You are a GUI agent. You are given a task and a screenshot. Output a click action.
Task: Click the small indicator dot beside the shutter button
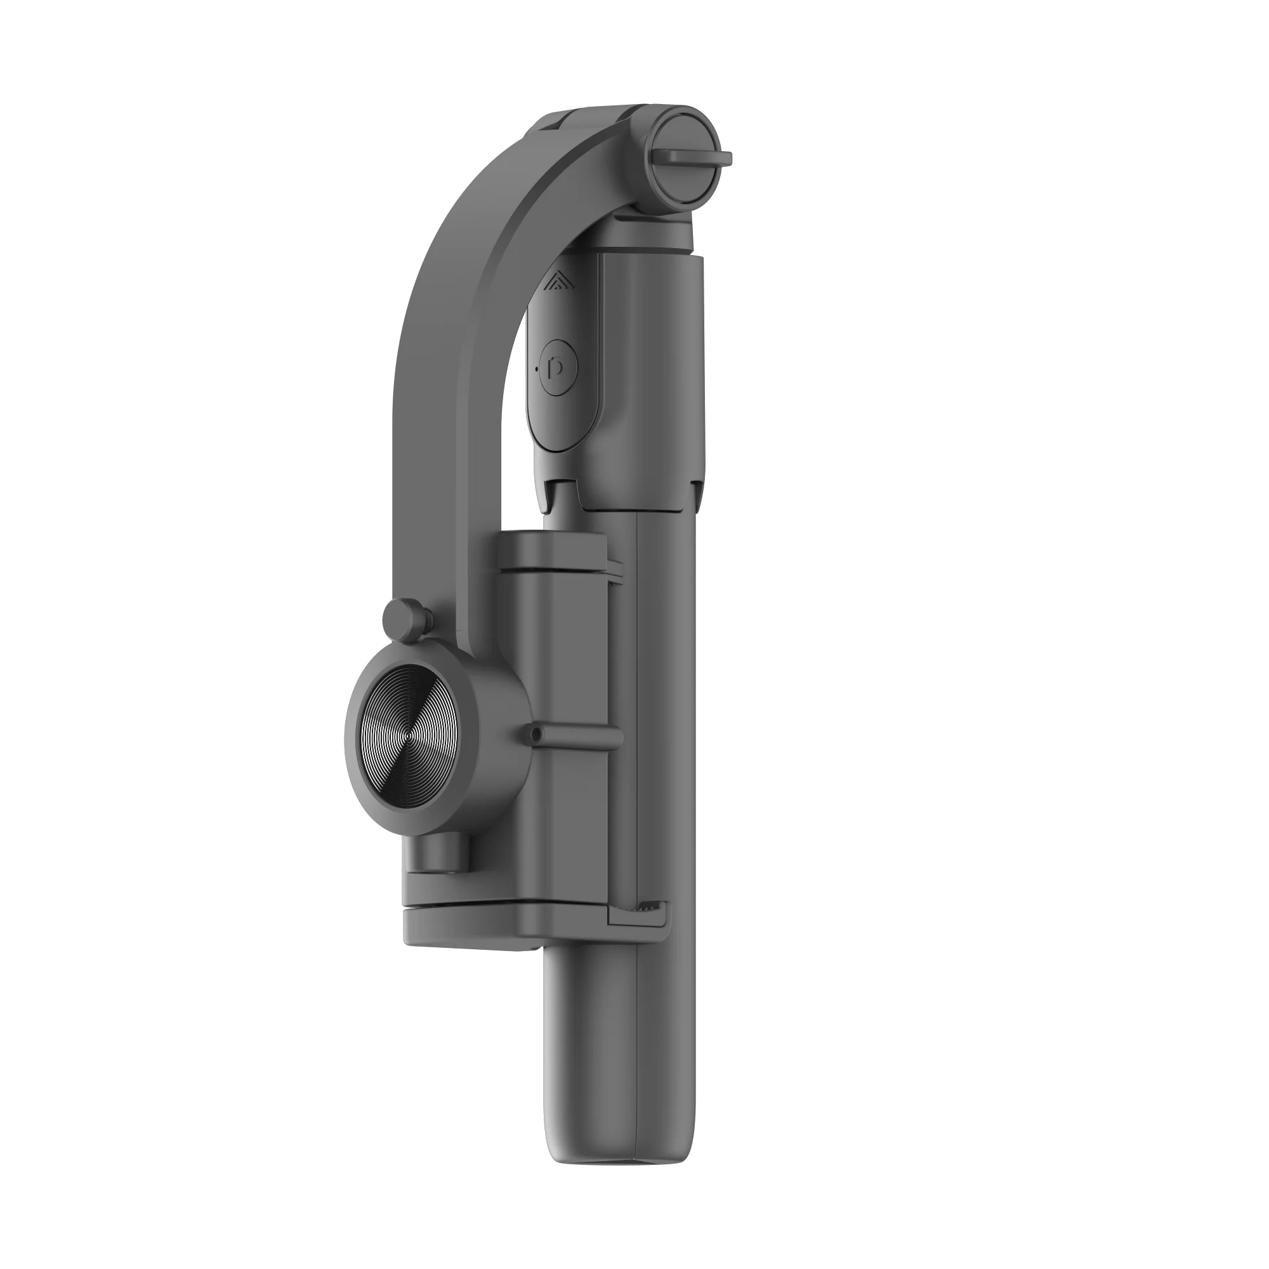point(539,370)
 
